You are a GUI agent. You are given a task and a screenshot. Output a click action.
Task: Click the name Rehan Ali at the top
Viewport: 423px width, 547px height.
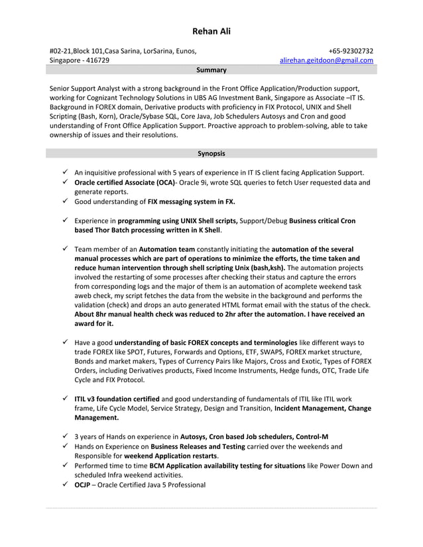click(x=211, y=31)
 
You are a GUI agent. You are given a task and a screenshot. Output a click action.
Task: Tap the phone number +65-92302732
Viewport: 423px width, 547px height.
click(x=351, y=50)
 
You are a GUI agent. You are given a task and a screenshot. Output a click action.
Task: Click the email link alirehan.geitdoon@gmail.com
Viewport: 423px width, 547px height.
click(x=326, y=60)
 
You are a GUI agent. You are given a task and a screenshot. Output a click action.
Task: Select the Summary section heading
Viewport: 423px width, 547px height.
click(x=211, y=70)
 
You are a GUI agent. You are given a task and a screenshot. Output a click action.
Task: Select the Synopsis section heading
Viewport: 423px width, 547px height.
click(x=211, y=154)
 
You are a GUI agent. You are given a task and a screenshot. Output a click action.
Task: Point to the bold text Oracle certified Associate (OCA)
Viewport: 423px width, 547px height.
click(x=125, y=182)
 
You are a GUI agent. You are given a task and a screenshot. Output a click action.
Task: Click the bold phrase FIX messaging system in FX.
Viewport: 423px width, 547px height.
click(x=191, y=201)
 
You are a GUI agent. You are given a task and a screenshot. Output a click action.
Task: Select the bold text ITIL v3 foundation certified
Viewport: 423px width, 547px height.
click(x=117, y=399)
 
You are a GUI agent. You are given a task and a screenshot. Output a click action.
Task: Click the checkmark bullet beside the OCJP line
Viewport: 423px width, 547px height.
click(x=66, y=485)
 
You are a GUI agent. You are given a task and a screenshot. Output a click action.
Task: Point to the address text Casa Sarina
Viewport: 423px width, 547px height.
click(x=125, y=50)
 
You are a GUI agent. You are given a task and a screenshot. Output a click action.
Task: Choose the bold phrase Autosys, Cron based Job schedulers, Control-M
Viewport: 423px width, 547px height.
click(x=254, y=437)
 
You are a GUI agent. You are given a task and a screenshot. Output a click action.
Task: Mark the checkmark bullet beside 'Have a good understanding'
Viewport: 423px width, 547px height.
click(x=66, y=342)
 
